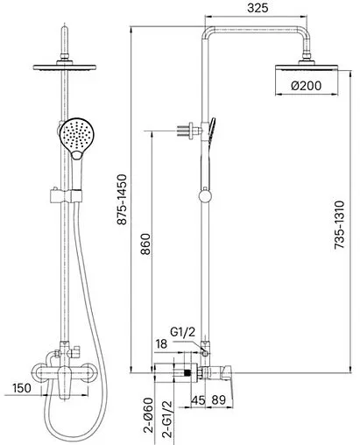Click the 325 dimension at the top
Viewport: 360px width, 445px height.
tap(258, 8)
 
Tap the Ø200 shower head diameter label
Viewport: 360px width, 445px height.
tap(307, 86)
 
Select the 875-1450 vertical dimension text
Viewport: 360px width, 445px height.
tap(122, 200)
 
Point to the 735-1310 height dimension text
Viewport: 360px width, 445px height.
tap(339, 224)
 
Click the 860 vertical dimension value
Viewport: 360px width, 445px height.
tap(145, 244)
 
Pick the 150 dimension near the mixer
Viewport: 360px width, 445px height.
tap(22, 388)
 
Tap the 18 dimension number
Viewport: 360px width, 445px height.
tap(161, 344)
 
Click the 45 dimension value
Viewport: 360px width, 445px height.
tap(198, 399)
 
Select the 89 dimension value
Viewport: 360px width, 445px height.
tap(219, 399)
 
